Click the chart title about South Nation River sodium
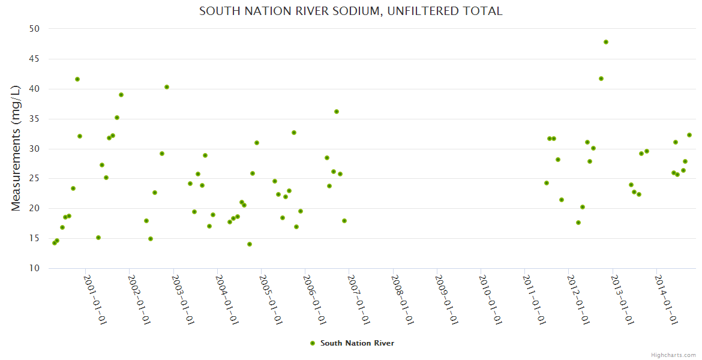point(350,11)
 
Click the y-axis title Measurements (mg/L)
point(16,148)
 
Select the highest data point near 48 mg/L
point(606,42)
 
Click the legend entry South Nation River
point(357,343)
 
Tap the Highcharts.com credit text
point(673,355)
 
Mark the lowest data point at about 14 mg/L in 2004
point(250,244)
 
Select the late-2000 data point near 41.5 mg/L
point(77,79)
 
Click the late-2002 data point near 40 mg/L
point(167,87)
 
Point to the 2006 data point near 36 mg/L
point(337,112)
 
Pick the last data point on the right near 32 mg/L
point(689,135)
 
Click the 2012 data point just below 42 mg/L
point(601,79)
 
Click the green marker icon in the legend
point(312,343)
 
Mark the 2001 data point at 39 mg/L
point(121,95)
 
